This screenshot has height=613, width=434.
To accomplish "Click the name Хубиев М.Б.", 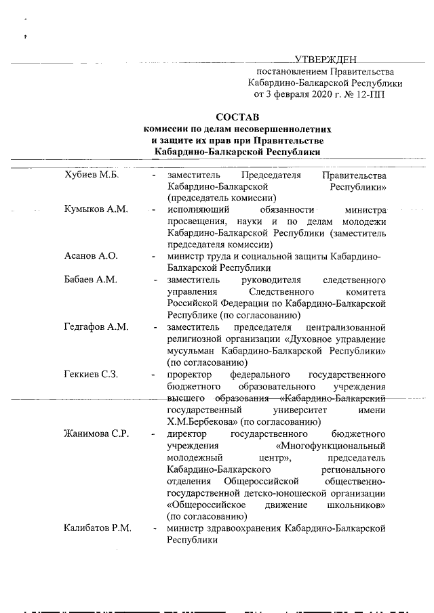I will (x=91, y=175).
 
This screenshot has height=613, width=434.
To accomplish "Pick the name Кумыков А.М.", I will (x=96, y=210).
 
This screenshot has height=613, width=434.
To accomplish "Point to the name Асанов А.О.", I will (x=91, y=256).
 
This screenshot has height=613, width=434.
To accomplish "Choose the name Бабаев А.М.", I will (x=91, y=280).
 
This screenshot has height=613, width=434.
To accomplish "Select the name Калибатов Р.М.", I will (x=98, y=528).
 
